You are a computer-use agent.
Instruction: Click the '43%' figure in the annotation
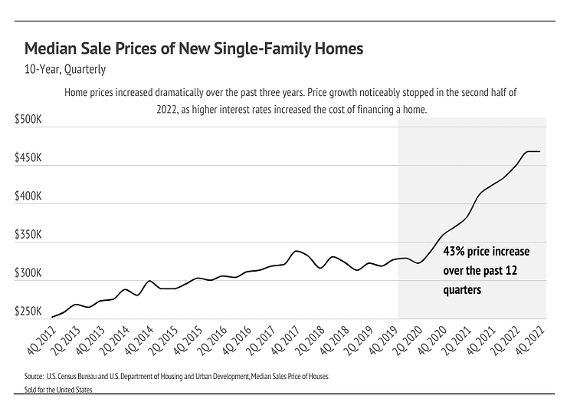point(455,251)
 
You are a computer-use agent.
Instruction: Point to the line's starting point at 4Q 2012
point(52,317)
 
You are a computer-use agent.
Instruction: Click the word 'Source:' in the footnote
point(34,378)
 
